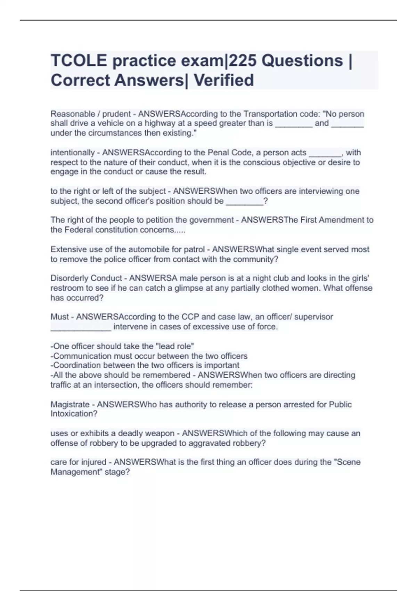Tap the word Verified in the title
[223, 80]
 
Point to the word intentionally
[73, 153]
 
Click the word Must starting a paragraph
[60, 317]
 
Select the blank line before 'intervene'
[81, 327]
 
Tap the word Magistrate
[70, 404]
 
